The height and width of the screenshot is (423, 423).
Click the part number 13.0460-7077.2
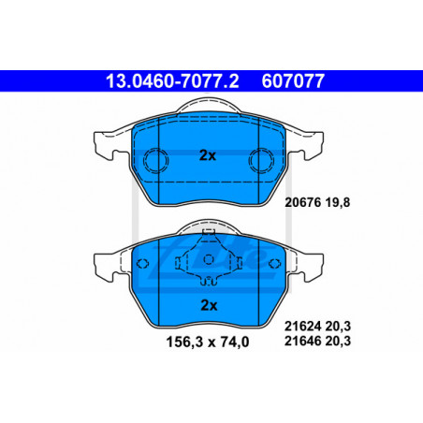pyautogui.click(x=172, y=81)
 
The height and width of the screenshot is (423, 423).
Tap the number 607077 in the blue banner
pyautogui.click(x=293, y=81)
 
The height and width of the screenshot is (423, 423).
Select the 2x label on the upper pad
pyautogui.click(x=208, y=155)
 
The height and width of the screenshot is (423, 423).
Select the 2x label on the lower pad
pyautogui.click(x=209, y=305)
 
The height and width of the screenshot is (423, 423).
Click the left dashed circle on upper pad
pyautogui.click(x=155, y=161)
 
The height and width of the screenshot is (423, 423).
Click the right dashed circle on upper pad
pyautogui.click(x=261, y=161)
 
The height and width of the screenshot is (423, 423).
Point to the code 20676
pyautogui.click(x=302, y=202)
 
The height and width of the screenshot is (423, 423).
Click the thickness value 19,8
pyautogui.click(x=338, y=202)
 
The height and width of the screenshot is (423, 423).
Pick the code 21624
pyautogui.click(x=302, y=327)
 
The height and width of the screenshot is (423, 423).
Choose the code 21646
pyautogui.click(x=302, y=341)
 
